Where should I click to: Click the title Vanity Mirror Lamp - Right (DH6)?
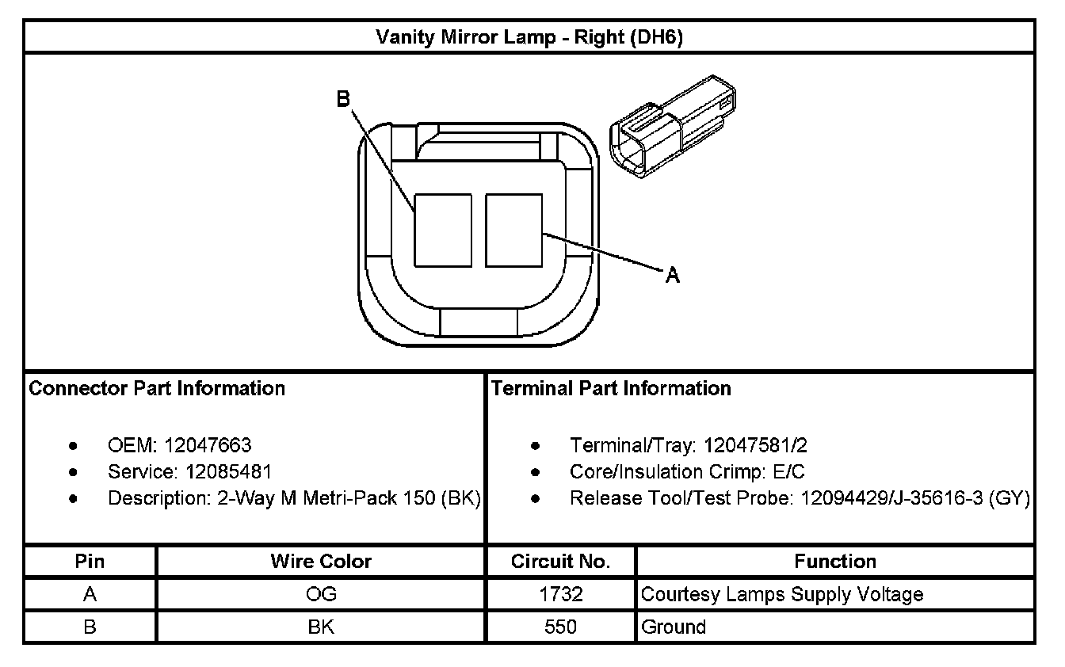tap(529, 37)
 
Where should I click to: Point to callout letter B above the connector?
tap(343, 99)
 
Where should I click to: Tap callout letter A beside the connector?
tap(672, 275)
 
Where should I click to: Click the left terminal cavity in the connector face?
tap(443, 230)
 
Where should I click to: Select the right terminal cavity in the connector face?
tap(513, 230)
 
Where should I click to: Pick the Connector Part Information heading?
tap(157, 388)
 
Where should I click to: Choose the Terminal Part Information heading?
tap(611, 388)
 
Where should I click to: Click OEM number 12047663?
tap(208, 445)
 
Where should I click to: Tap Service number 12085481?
tap(229, 472)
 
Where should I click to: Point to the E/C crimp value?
tap(788, 472)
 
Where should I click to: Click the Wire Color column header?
tap(321, 562)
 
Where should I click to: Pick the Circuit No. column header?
tap(560, 562)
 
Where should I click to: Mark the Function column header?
tap(835, 562)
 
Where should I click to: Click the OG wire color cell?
tap(321, 594)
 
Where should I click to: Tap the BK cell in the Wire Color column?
tap(321, 627)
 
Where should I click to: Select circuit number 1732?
tap(560, 594)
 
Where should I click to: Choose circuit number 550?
tap(560, 627)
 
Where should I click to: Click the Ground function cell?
tap(674, 627)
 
